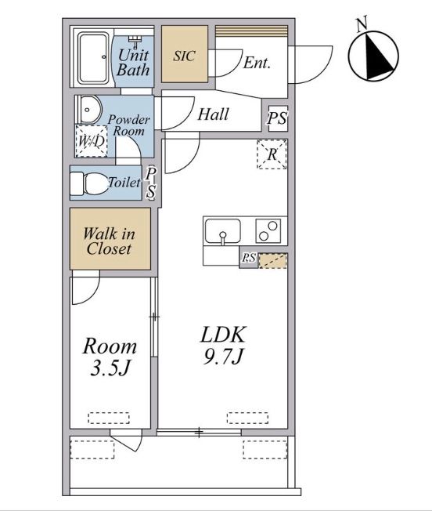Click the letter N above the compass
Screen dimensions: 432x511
point(362,24)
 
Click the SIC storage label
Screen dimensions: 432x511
point(184,56)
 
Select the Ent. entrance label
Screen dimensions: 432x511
point(257,63)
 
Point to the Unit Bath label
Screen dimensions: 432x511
point(133,62)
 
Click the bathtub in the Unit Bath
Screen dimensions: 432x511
point(93,58)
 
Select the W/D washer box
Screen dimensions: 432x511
point(92,141)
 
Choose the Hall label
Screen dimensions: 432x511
point(213,114)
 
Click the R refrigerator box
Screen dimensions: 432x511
point(272,154)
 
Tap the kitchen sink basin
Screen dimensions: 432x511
point(223,230)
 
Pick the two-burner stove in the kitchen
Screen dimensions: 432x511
point(268,230)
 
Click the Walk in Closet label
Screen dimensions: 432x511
point(109,241)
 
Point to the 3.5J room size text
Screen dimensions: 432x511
point(110,368)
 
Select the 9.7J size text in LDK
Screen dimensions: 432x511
point(223,356)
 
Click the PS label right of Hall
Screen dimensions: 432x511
point(278,118)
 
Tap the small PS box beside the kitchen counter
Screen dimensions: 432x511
point(249,258)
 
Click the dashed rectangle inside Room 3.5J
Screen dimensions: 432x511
point(109,418)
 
